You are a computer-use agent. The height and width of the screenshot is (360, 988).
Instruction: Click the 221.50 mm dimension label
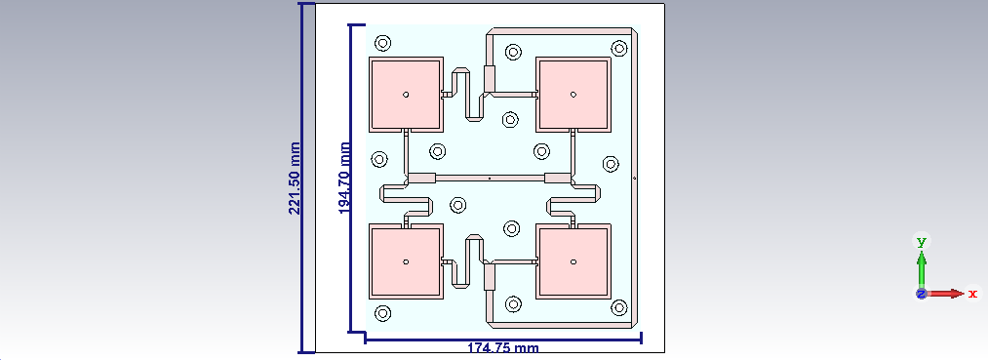(x=294, y=178)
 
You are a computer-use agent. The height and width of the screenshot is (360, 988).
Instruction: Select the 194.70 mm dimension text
(x=344, y=178)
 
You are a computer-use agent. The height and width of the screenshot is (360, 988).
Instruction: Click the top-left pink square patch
(x=406, y=95)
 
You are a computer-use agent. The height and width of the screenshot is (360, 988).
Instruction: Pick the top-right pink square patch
(x=573, y=95)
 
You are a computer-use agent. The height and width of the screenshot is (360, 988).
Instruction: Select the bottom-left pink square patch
(x=406, y=261)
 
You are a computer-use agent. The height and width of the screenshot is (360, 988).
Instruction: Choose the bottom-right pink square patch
(x=573, y=261)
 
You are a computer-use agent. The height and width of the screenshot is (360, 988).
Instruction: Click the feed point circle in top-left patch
(x=406, y=95)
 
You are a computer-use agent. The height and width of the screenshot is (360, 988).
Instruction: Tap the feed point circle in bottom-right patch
(x=573, y=261)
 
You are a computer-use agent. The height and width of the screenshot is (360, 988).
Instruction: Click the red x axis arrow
(x=948, y=293)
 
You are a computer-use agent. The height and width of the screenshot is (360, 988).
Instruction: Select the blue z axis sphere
(x=922, y=293)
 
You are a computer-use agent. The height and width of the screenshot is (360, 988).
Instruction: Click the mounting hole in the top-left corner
(x=383, y=43)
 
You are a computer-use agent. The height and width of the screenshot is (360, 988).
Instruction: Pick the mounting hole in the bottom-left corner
(x=383, y=313)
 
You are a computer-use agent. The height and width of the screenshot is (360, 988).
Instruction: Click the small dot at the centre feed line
(x=489, y=179)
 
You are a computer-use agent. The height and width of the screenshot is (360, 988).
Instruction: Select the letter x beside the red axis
(x=972, y=293)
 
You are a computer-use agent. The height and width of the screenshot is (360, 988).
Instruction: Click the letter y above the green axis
(x=922, y=240)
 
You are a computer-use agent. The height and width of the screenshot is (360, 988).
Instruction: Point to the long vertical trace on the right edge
(x=636, y=178)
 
